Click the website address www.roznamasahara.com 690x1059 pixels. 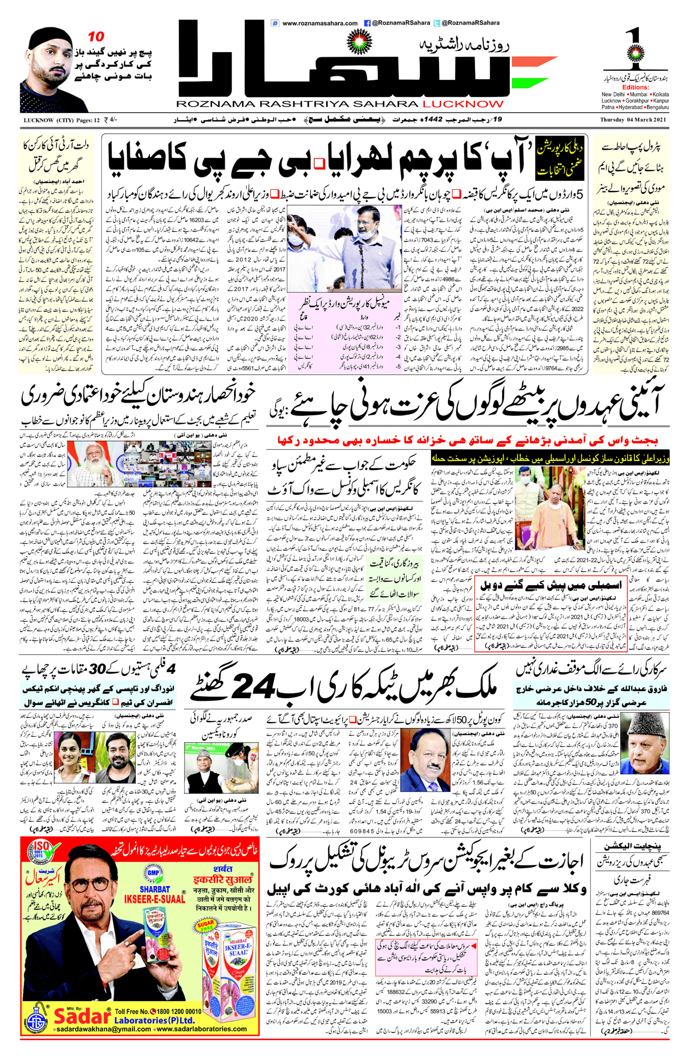click(319, 23)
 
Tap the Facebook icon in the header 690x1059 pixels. click(367, 23)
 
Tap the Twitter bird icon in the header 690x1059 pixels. click(437, 23)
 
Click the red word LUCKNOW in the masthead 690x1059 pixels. click(463, 104)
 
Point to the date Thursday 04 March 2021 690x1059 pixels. click(633, 120)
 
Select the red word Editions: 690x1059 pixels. click(635, 87)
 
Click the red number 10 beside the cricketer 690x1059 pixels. click(96, 36)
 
